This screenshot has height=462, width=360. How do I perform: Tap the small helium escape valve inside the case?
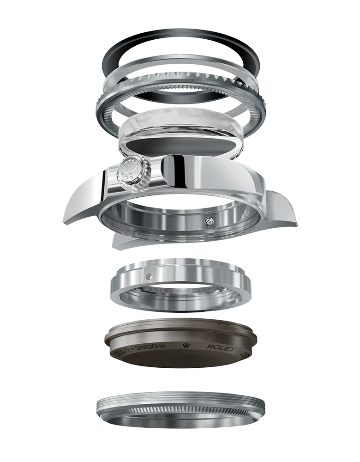click(209, 222)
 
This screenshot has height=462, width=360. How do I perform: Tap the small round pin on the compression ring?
click(148, 276)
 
